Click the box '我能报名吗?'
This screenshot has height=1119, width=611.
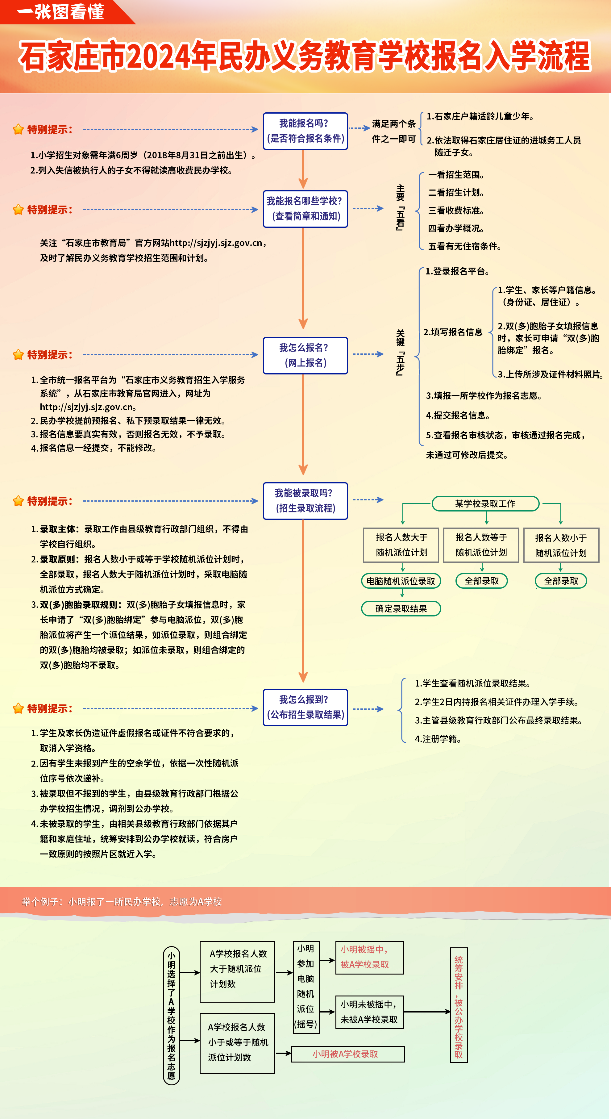(305, 131)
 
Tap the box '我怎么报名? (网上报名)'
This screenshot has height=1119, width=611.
(305, 355)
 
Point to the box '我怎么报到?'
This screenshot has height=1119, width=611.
(305, 707)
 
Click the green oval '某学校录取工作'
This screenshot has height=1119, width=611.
(485, 503)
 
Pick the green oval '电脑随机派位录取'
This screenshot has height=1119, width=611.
(401, 581)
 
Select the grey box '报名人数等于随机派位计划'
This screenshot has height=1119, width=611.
(481, 545)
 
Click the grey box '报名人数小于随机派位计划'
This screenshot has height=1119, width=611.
(561, 545)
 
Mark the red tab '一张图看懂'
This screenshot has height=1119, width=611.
(61, 12)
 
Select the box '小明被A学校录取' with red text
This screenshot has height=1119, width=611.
(347, 1054)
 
